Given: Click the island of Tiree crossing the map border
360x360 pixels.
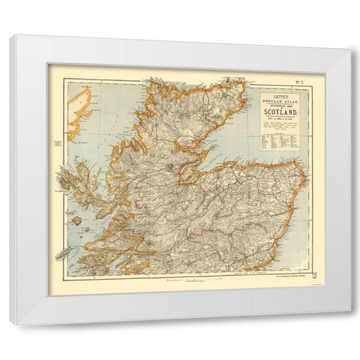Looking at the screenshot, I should point(61,253).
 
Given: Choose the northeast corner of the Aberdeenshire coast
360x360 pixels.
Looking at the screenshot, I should point(303,170).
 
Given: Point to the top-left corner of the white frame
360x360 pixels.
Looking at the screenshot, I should point(10,35).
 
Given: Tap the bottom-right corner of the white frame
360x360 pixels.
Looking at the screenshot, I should point(350,324).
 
